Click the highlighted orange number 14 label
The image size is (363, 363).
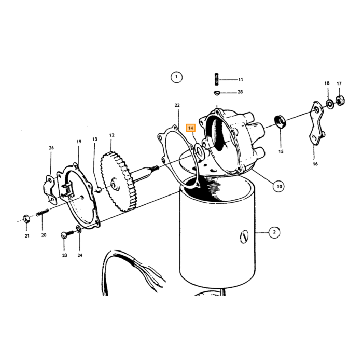pos(191,128)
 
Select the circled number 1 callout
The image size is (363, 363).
pos(176,77)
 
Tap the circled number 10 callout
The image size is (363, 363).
pos(279,186)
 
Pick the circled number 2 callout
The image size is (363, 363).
pos(274,232)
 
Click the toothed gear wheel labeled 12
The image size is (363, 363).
pos(118,181)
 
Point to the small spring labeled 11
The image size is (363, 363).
pos(217,79)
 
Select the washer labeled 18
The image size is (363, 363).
pos(329,104)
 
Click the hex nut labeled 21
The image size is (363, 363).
pos(26,218)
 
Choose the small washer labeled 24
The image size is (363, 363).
pos(79,230)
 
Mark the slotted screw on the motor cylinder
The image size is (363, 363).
pos(244,237)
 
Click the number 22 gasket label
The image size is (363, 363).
pos(177,105)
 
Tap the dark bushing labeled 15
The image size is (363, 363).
pos(280,121)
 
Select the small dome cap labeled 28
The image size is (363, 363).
pos(217,93)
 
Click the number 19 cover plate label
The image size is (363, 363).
pos(79,142)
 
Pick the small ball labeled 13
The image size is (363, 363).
pos(98,190)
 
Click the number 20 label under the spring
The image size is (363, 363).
pos(44,235)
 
